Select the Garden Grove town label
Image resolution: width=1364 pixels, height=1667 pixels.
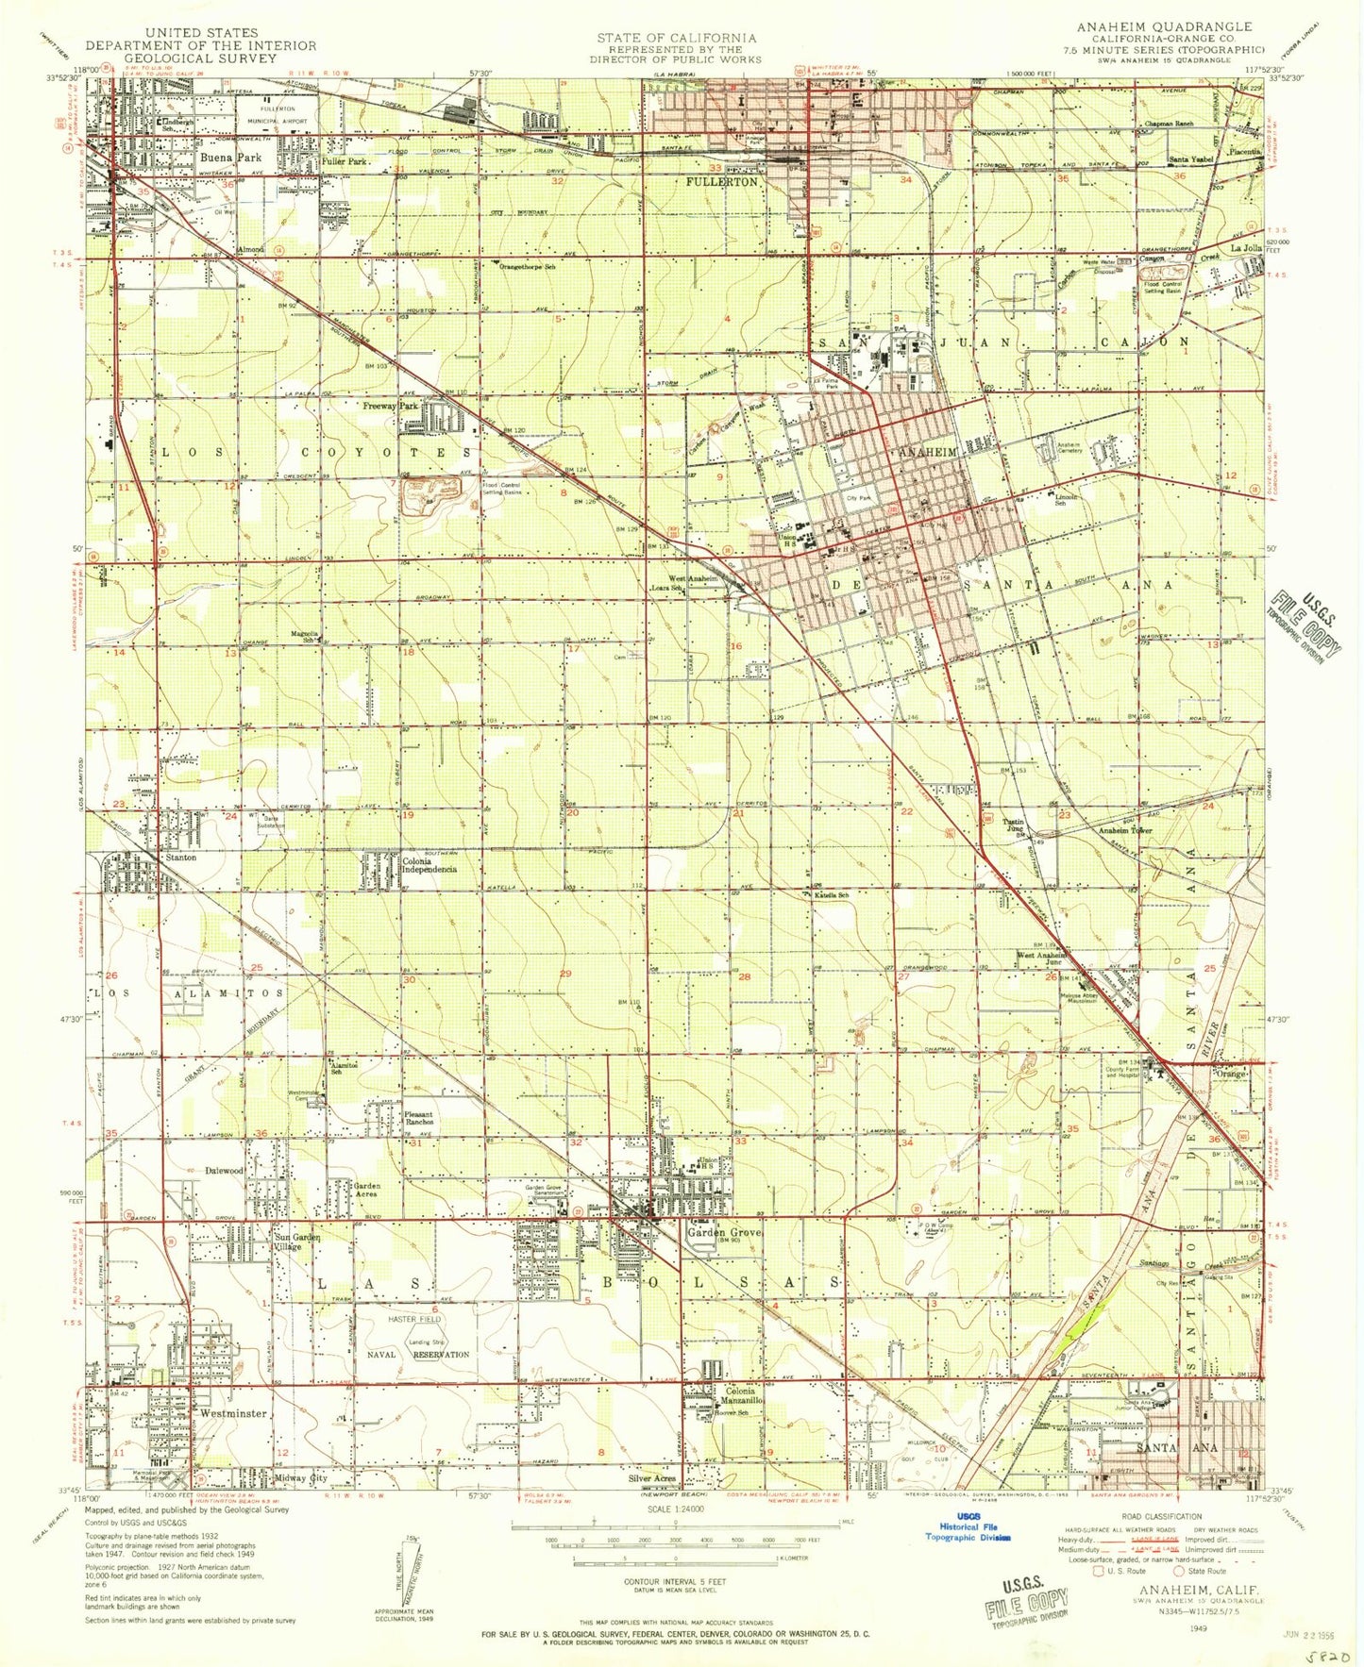click(724, 1232)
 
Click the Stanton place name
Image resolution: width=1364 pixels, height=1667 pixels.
click(180, 858)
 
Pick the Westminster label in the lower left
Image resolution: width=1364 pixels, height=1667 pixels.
click(233, 1414)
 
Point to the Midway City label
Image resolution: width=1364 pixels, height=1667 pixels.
click(300, 1478)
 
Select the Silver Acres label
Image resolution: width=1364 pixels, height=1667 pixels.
click(652, 1478)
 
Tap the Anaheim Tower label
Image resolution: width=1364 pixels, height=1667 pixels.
click(1125, 830)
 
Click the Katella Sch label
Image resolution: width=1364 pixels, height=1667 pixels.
click(832, 894)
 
